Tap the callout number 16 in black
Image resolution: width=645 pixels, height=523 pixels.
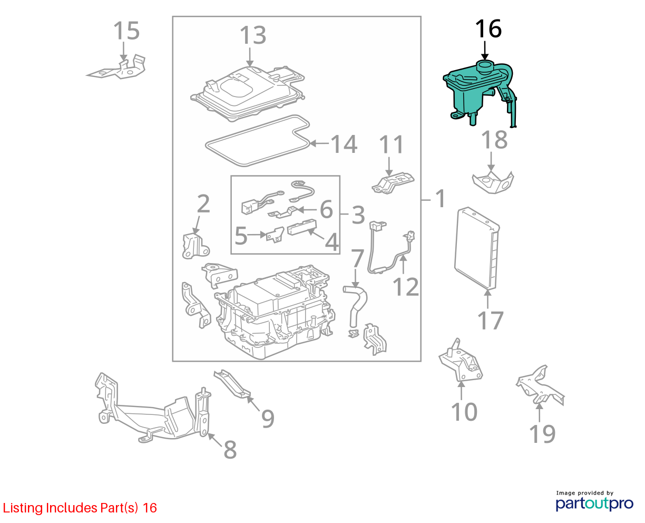488,29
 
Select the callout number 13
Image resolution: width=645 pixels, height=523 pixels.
253,35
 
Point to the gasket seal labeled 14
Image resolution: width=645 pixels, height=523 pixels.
257,141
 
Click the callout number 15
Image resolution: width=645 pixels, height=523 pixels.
126,31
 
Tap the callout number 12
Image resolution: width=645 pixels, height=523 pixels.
405,287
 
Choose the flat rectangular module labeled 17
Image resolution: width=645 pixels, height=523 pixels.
477,248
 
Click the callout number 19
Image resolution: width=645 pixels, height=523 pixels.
542,434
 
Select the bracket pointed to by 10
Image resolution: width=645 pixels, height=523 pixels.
460,361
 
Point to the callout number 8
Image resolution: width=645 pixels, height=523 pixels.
230,449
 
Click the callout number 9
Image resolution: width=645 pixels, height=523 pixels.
268,419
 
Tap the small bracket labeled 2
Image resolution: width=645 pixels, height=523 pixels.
196,246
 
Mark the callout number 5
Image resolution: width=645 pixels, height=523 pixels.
241,236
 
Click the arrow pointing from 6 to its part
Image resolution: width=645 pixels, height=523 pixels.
307,209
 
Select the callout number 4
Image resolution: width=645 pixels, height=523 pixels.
332,242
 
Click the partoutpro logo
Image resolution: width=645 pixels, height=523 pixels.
594,504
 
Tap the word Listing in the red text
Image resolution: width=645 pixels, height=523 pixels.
23,508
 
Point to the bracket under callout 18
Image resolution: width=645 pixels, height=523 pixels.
493,182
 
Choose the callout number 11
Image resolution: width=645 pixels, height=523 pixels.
391,144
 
